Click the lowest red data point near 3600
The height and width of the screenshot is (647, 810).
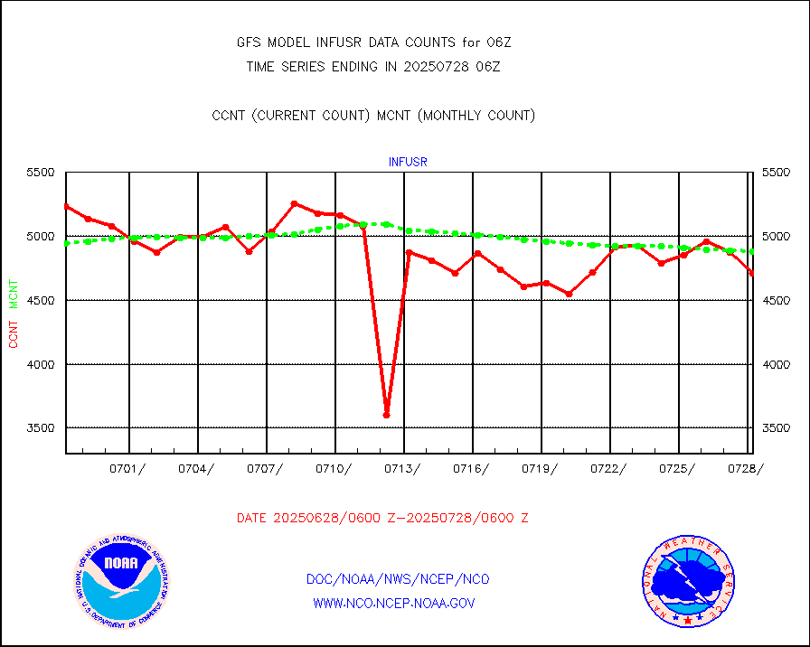click(386, 415)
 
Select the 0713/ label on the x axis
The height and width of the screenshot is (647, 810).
click(402, 468)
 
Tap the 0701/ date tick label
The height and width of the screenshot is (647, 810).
click(127, 468)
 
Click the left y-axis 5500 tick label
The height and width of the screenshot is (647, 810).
click(40, 173)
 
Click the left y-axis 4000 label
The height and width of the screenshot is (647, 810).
click(40, 364)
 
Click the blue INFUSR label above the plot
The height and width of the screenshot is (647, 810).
click(408, 162)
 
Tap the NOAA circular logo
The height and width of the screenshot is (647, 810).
click(120, 579)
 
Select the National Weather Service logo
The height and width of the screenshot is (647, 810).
click(687, 582)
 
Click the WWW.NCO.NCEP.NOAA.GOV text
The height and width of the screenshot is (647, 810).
click(394, 603)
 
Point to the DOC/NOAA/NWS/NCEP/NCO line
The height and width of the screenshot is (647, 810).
click(399, 579)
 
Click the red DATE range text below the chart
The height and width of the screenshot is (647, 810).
click(382, 519)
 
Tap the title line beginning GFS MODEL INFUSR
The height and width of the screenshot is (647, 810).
click(374, 42)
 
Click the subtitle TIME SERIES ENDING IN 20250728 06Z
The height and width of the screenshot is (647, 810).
click(373, 66)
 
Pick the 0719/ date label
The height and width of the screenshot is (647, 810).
click(540, 468)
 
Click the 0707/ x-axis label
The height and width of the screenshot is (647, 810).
click(265, 468)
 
